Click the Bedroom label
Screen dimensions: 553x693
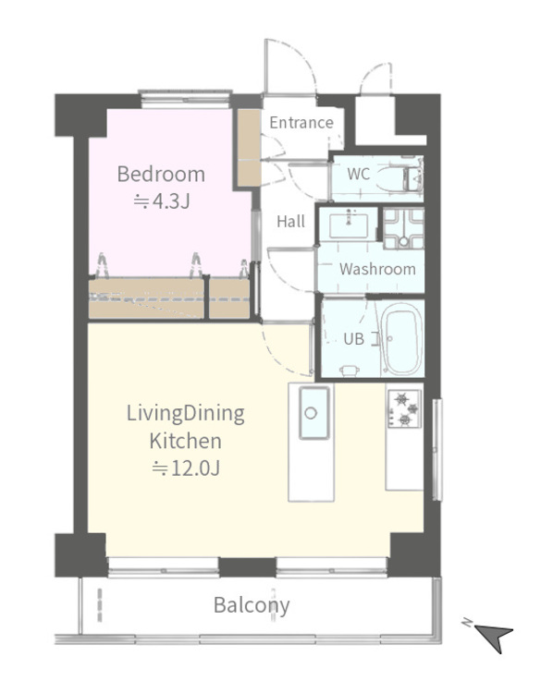point(161,174)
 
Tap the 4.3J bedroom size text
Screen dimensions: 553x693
point(162,201)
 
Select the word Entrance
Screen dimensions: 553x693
point(301,122)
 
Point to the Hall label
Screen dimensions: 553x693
point(290,221)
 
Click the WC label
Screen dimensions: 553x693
point(359,174)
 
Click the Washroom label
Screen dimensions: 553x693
point(377,269)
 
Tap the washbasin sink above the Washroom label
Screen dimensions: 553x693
point(349,225)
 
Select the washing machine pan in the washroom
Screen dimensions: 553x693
point(403,228)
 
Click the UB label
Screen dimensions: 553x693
point(354,339)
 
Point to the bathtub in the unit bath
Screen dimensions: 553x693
point(401,339)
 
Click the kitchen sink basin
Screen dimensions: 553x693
point(313,413)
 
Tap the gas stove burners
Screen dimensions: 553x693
point(404,409)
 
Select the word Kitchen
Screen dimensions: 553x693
point(185,441)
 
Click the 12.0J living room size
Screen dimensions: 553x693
point(186,468)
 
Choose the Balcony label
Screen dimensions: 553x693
point(252,605)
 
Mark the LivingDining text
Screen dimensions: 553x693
point(185,414)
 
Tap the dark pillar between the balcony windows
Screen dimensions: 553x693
point(247,567)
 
